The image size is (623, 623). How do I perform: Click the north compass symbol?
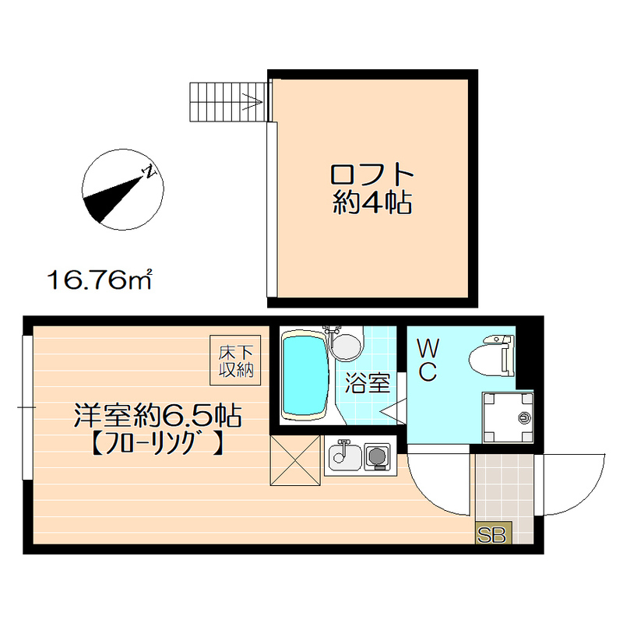tap(121, 192)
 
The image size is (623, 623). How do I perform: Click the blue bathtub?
tap(304, 375)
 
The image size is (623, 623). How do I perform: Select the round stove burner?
tap(377, 456)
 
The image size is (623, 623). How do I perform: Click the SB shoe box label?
tap(492, 534)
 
